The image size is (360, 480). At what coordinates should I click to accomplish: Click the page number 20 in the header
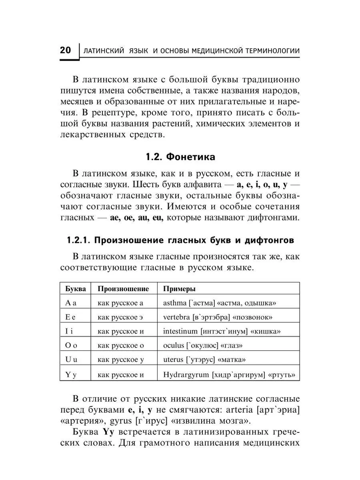65,51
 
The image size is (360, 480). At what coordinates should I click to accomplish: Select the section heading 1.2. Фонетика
180,157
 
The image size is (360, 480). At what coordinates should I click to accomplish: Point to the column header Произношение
123,288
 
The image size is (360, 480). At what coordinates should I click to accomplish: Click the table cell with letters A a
71,303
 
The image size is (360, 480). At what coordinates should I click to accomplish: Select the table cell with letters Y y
71,375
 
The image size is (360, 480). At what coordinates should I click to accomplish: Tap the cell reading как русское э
120,317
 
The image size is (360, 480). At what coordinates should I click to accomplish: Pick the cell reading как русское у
120,360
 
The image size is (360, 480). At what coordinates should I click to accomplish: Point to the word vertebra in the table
176,317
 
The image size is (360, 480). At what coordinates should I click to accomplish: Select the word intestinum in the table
180,332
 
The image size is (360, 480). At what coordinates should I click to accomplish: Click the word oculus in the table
173,346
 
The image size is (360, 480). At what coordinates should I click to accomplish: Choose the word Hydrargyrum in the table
186,375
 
